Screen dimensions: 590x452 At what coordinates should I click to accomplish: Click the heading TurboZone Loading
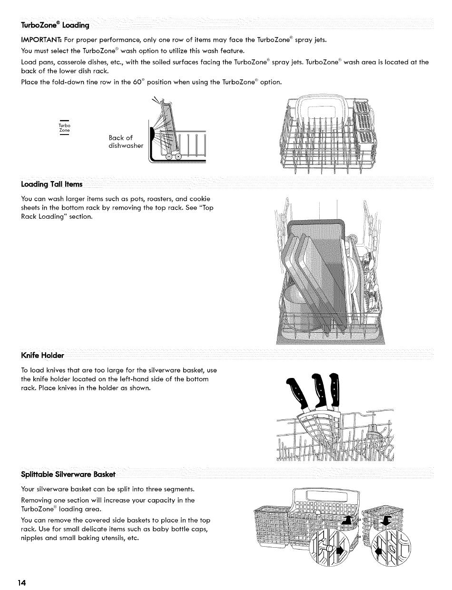[55, 25]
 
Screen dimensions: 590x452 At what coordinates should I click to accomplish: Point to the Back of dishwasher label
[125, 142]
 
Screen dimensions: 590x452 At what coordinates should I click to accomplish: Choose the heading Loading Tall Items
[52, 184]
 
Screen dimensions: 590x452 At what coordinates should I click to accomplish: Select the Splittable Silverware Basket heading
[68, 474]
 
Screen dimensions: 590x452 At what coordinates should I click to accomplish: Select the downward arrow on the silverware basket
[385, 521]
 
